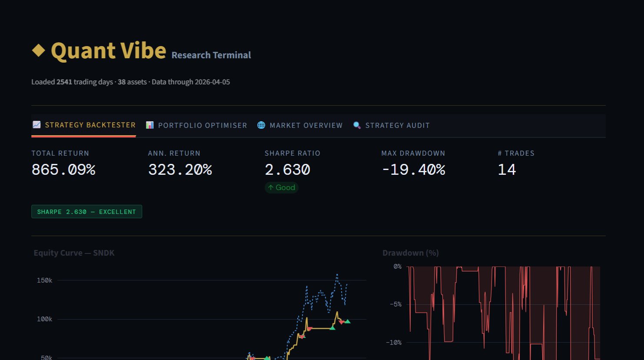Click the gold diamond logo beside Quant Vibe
tap(39, 50)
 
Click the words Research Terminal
tap(211, 55)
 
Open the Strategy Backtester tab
tap(84, 125)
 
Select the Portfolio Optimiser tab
tap(196, 125)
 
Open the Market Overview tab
tap(300, 125)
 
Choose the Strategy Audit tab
tap(392, 125)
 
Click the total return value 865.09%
tap(63, 170)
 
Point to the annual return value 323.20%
tap(180, 170)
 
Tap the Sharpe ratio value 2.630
tap(287, 170)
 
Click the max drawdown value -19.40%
tap(413, 170)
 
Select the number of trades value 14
tap(507, 170)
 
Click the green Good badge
tap(282, 187)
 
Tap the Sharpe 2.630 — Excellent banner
tap(86, 212)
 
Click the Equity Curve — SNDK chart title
tap(74, 253)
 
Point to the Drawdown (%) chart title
tap(410, 253)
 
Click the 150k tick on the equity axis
tap(45, 280)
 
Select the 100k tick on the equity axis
tap(45, 319)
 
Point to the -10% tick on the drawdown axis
tap(394, 343)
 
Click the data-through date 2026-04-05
tap(212, 82)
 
